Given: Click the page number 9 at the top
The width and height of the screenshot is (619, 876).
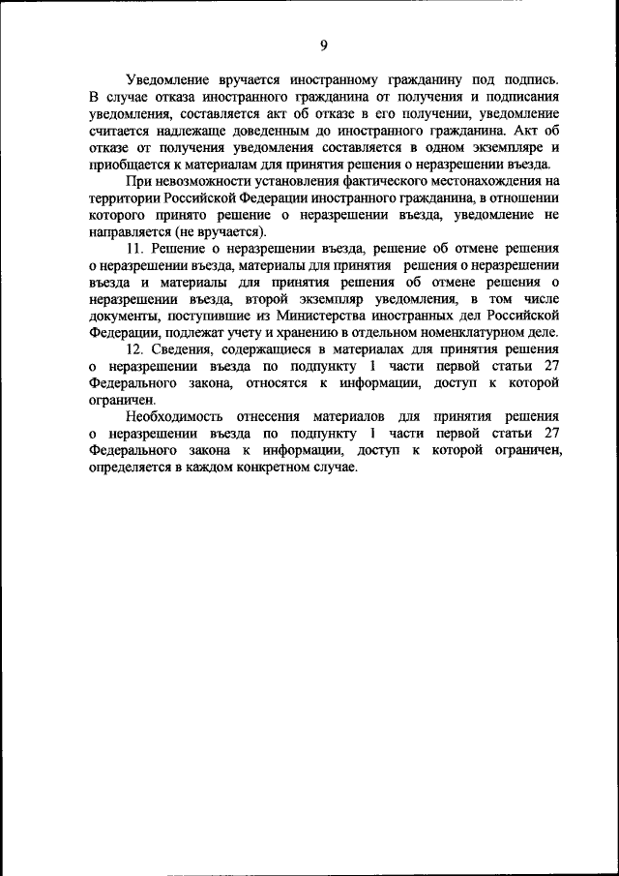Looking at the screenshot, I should [324, 45].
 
